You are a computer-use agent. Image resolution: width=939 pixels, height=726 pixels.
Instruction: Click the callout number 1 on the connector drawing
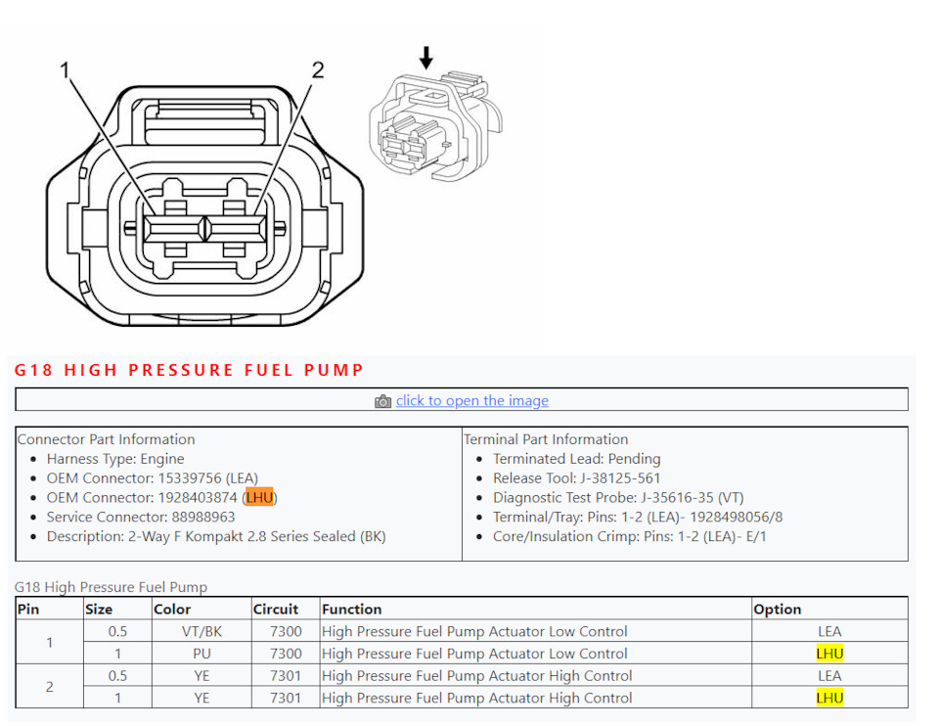coord(65,70)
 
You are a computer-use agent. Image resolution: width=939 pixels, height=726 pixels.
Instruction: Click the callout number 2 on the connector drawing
coord(318,70)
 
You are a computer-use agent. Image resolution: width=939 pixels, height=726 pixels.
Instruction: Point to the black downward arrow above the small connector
coord(425,58)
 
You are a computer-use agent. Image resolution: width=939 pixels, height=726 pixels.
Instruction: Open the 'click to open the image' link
coord(471,400)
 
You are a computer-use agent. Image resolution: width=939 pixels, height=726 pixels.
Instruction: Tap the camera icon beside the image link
coord(382,401)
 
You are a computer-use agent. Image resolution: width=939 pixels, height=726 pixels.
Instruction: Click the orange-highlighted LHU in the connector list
coord(259,497)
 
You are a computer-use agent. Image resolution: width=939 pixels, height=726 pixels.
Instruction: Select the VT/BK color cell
coord(201,631)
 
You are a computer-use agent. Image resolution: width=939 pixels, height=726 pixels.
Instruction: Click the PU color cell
coord(201,654)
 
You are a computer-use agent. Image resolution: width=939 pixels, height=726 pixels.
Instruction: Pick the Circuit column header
coord(276,610)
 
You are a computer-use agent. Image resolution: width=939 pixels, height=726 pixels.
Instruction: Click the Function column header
coord(351,610)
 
